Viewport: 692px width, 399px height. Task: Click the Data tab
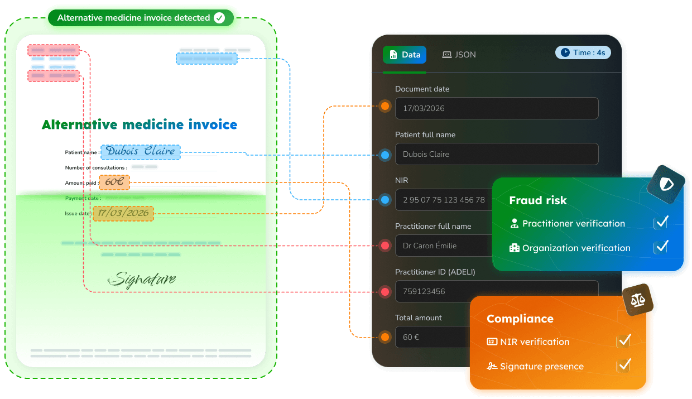(405, 55)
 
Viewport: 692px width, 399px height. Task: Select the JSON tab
(459, 55)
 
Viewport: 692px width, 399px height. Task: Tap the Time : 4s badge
(583, 52)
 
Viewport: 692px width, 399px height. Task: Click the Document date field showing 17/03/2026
(497, 108)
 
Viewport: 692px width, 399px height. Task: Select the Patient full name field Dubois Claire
(497, 154)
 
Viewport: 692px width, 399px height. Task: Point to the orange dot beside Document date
(385, 106)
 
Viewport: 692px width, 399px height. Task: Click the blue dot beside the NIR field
(385, 200)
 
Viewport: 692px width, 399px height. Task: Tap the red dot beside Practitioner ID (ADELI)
(385, 291)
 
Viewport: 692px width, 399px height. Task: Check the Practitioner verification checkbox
(661, 223)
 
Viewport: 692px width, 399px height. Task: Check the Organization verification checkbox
(661, 247)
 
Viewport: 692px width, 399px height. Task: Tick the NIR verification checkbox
(623, 341)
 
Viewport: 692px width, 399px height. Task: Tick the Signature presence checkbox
(623, 366)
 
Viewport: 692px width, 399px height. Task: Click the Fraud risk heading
(538, 200)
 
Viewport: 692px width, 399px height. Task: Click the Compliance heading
(520, 319)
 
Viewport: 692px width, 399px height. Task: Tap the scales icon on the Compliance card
(638, 300)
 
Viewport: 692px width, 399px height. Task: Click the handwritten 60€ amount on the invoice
(114, 182)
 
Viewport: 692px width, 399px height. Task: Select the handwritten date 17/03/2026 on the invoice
(123, 213)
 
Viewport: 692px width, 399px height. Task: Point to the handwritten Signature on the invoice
(142, 280)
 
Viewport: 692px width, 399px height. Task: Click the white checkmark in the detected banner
(219, 18)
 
